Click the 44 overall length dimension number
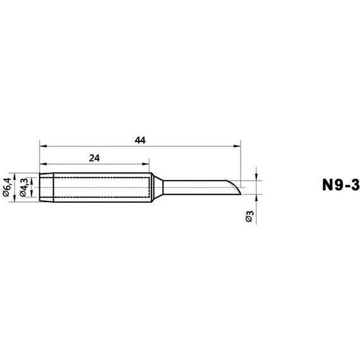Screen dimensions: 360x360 click(140, 140)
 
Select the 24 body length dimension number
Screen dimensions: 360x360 click(94, 158)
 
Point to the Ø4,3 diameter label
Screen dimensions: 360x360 click(23, 188)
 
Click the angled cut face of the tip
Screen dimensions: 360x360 click(236, 187)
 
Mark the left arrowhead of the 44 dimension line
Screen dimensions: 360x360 click(42, 146)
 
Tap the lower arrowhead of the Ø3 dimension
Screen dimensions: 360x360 click(256, 198)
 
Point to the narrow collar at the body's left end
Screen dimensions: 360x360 click(47, 188)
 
